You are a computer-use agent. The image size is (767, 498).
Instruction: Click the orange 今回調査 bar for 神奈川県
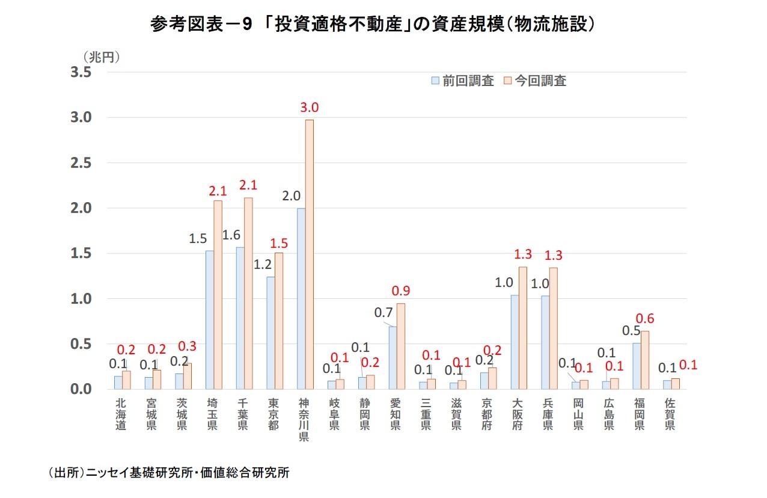(x=309, y=254)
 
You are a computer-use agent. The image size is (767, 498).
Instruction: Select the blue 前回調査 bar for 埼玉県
(x=210, y=320)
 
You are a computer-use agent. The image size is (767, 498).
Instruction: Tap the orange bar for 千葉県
(x=248, y=294)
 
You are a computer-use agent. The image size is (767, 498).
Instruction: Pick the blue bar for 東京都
(x=270, y=333)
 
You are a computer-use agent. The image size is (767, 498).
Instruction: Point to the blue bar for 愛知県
(x=393, y=358)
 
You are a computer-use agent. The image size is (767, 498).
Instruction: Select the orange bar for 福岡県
(x=645, y=360)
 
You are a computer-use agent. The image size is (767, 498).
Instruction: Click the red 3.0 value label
(x=309, y=108)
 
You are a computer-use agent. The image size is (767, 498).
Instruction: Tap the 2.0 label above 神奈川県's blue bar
(x=291, y=196)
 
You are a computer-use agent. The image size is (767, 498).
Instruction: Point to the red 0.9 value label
(x=400, y=291)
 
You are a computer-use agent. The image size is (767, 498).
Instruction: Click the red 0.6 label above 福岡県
(x=646, y=319)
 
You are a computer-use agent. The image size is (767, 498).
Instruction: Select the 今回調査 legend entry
(x=535, y=81)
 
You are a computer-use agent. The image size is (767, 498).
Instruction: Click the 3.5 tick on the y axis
(x=81, y=72)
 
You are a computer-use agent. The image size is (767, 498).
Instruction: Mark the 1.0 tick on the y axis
(x=81, y=299)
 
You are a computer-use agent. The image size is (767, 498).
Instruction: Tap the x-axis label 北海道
(x=121, y=414)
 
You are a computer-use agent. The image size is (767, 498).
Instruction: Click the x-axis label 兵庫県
(x=548, y=414)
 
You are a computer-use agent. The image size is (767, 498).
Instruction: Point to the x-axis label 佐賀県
(x=669, y=414)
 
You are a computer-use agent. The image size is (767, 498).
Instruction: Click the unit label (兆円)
(x=102, y=57)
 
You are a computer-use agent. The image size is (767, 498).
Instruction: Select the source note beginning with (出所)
(x=168, y=473)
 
